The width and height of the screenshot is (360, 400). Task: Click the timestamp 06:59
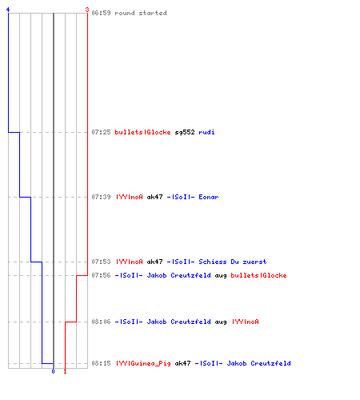coord(101,13)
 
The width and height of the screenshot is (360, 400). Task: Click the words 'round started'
coord(141,13)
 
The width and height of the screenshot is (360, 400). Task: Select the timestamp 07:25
coord(101,132)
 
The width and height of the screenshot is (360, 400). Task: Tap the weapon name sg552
coord(185,132)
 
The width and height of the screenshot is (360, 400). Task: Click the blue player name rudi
coord(206,132)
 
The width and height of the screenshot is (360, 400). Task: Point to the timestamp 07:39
coord(101,197)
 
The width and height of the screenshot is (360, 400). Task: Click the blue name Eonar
coord(209,197)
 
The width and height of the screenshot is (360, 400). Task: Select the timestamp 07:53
coord(101,262)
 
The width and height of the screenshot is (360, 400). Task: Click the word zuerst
coord(254,262)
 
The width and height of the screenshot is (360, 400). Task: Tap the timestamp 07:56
coord(101,275)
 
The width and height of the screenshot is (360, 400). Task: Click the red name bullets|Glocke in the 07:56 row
coord(258,275)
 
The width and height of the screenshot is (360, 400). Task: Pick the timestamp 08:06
coord(101,322)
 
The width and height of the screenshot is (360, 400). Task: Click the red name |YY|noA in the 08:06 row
coord(246,322)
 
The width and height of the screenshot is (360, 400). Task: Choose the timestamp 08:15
coord(101,363)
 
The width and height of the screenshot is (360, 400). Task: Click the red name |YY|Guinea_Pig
coord(143,363)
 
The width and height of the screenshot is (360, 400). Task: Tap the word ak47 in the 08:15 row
coord(182,363)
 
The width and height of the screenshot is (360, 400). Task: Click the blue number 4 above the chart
coord(8,10)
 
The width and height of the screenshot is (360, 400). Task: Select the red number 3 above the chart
coord(87,10)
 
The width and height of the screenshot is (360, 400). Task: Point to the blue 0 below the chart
coord(53,371)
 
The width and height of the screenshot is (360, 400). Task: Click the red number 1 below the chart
coord(65,371)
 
